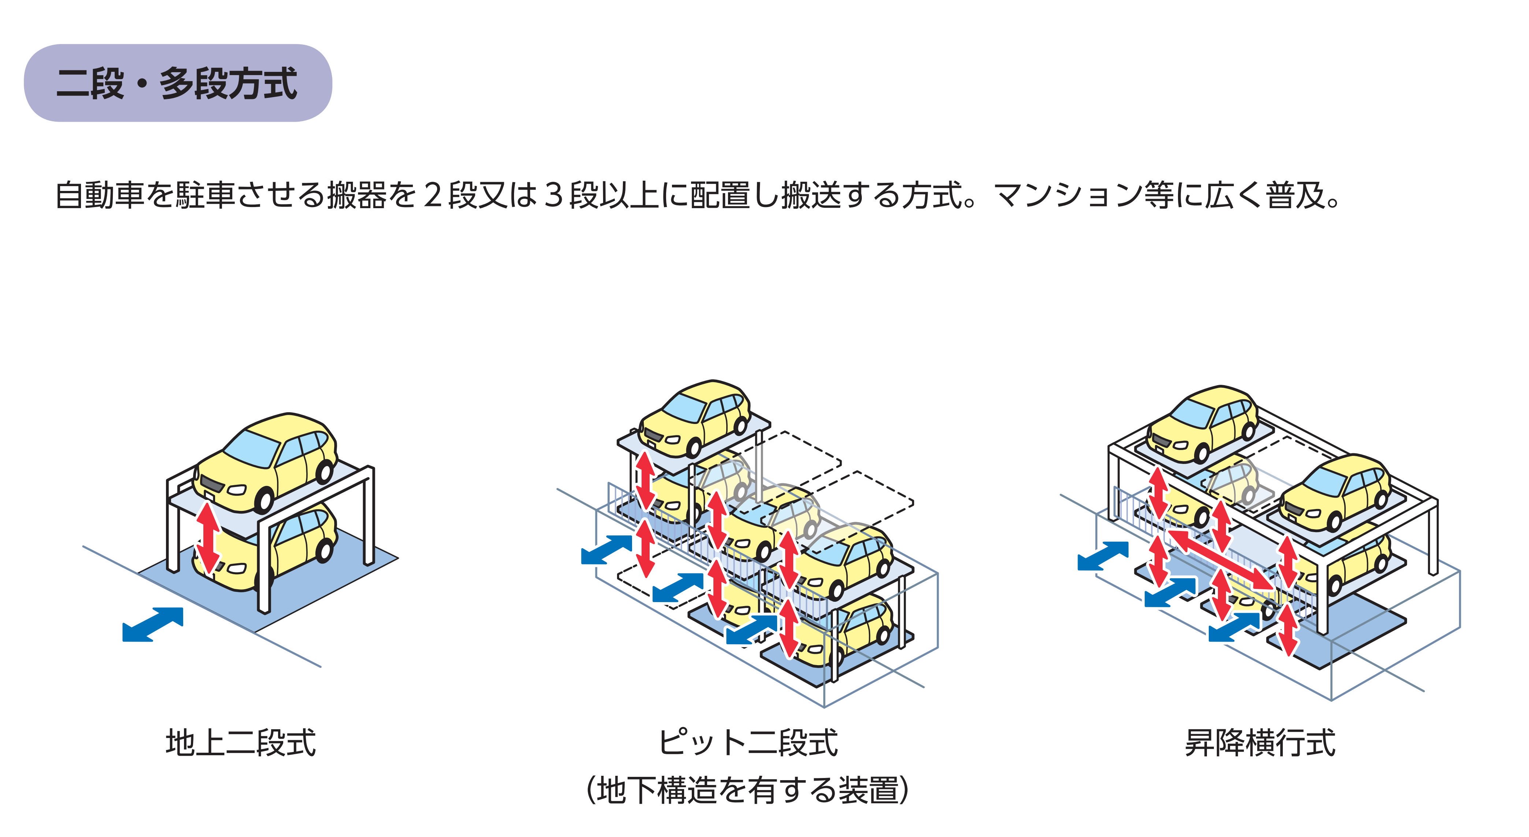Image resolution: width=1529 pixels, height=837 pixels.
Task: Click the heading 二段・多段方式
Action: point(177,83)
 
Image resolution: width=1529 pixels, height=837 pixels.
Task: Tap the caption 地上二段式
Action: point(240,742)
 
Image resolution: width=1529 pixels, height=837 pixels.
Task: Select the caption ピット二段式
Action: point(747,742)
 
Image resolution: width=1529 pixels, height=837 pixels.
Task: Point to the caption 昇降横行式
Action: point(1260,742)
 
